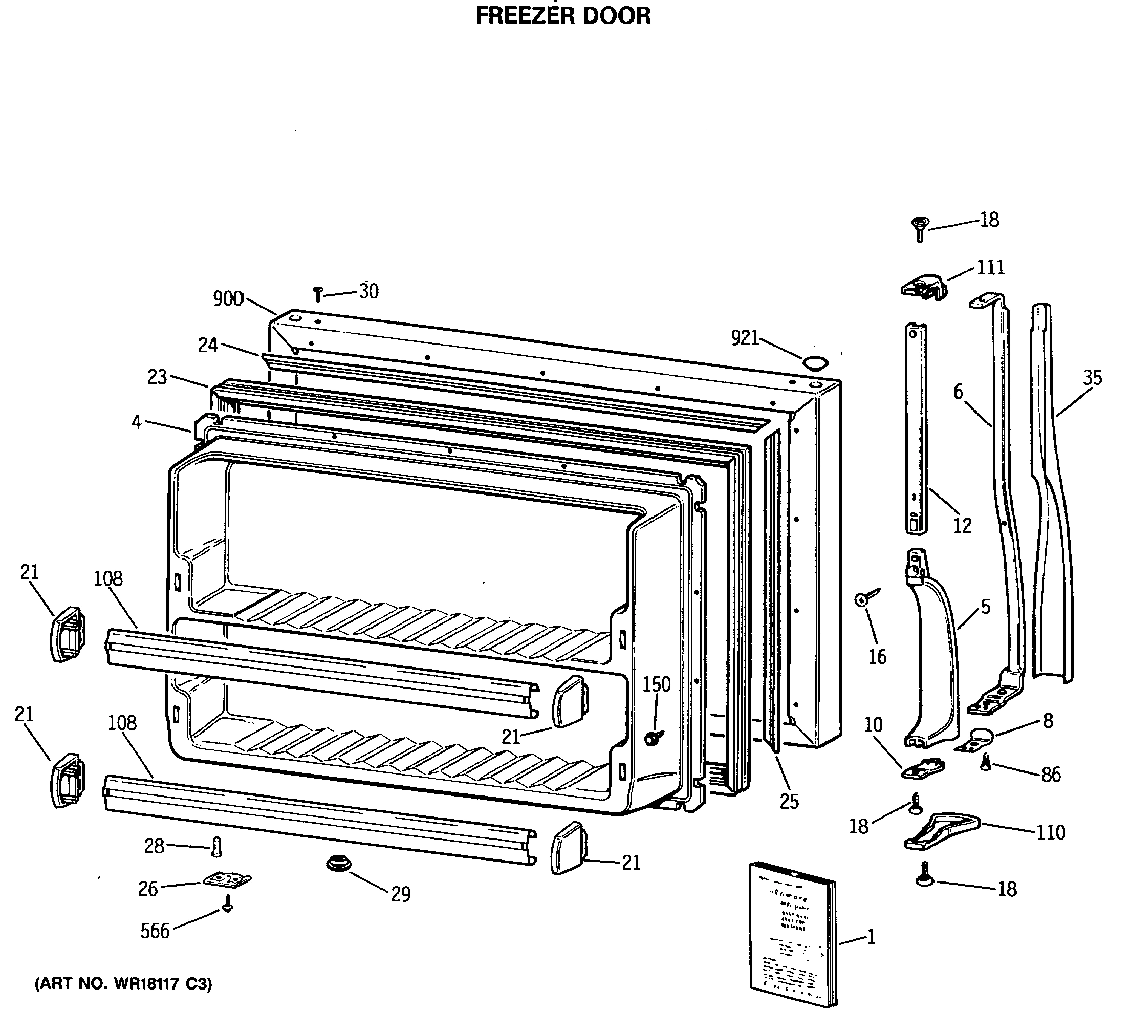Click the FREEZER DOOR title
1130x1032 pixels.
point(563,16)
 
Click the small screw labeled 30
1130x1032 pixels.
point(318,294)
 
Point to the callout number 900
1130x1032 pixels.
point(228,299)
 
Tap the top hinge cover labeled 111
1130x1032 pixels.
point(923,288)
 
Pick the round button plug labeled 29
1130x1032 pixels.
point(339,864)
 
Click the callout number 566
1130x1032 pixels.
point(155,931)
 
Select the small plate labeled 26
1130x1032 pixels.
point(226,880)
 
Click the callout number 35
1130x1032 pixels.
point(1092,378)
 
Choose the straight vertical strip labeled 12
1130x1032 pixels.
point(916,429)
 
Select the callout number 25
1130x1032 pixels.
point(789,802)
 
